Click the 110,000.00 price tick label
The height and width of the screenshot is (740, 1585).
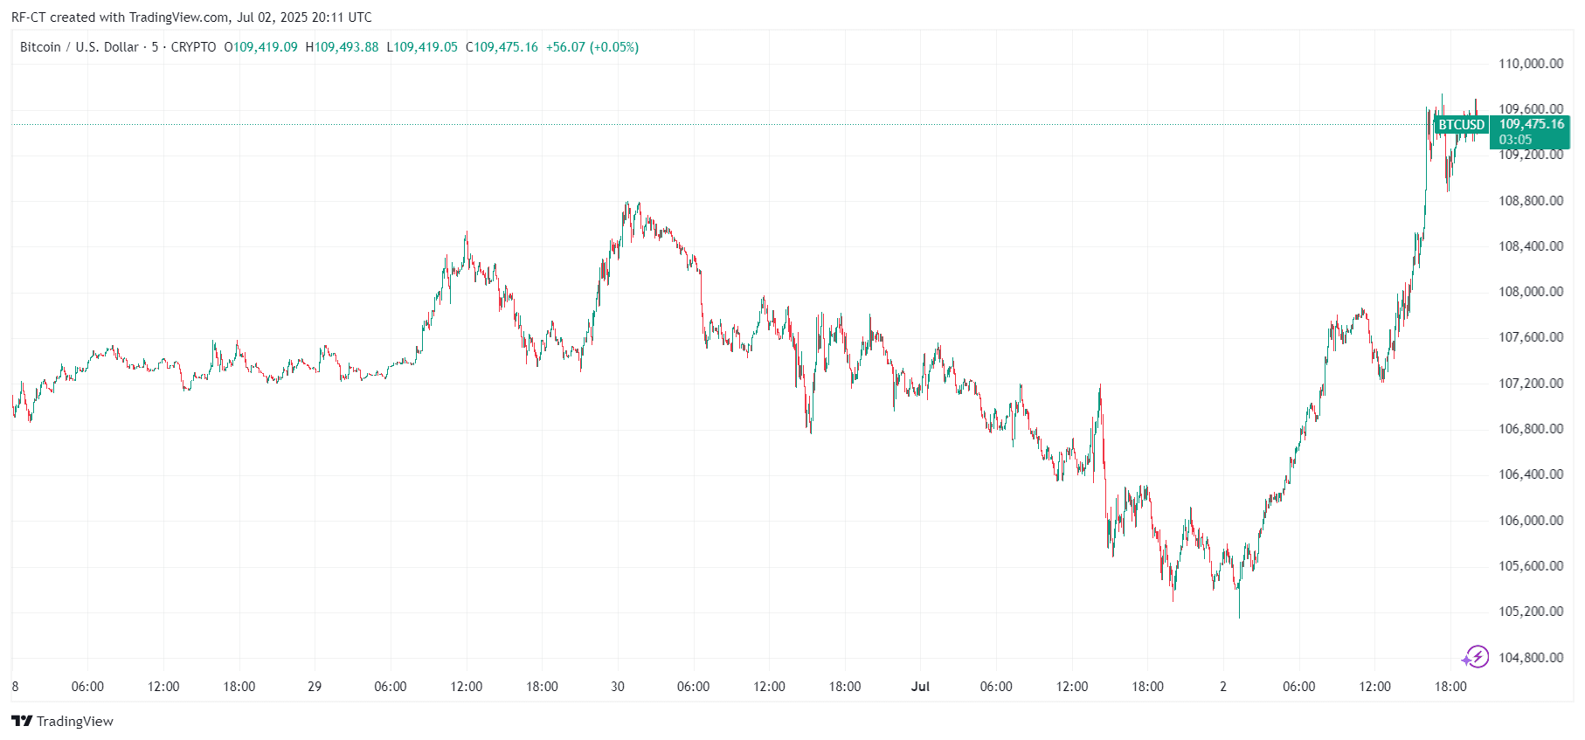tap(1531, 64)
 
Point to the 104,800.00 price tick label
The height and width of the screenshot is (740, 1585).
tap(1531, 658)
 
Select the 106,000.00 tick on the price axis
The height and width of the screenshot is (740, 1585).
tap(1531, 521)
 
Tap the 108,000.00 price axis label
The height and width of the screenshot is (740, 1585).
tap(1531, 292)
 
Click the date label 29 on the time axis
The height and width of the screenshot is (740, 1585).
tap(315, 687)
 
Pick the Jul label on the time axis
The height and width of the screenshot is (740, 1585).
tap(920, 687)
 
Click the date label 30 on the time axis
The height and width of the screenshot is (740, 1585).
tap(618, 687)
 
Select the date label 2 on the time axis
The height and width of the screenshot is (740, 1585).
tap(1223, 687)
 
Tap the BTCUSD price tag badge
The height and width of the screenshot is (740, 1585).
tap(1462, 125)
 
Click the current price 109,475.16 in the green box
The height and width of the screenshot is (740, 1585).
tap(1532, 124)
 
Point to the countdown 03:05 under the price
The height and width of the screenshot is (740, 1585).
tap(1515, 140)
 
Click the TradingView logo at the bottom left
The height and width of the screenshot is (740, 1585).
tap(63, 721)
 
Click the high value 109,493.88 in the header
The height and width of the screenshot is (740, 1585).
tap(346, 47)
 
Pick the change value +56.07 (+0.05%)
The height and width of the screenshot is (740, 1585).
tap(592, 47)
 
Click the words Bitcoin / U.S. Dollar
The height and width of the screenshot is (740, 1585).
tap(80, 47)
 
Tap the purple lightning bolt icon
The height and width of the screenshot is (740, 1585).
tap(1476, 657)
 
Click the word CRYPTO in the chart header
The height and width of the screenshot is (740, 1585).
tap(193, 47)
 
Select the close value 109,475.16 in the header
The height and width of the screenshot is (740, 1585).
tap(506, 47)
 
